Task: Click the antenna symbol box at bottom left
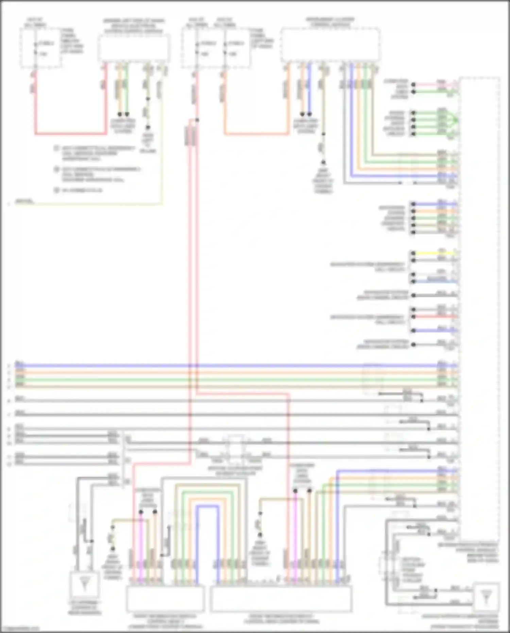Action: point(84,584)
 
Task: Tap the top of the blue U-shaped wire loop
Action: point(207,506)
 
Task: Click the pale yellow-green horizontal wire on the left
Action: point(88,204)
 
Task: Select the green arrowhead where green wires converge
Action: point(454,120)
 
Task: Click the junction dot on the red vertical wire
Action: point(197,120)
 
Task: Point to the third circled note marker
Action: point(57,190)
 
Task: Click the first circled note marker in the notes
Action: point(57,148)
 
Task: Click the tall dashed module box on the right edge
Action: point(479,306)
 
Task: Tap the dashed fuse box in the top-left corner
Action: point(40,48)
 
